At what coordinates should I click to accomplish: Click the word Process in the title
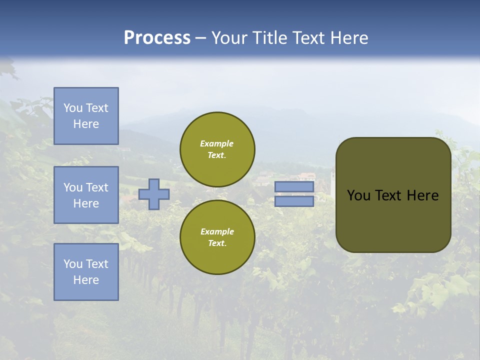pyautogui.click(x=157, y=38)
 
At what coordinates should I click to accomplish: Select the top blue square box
pyautogui.click(x=86, y=116)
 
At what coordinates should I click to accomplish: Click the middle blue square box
pyautogui.click(x=86, y=195)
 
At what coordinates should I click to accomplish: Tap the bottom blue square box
pyautogui.click(x=86, y=272)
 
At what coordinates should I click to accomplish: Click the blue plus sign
pyautogui.click(x=154, y=194)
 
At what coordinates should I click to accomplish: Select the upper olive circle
pyautogui.click(x=217, y=149)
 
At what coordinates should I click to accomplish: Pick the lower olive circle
pyautogui.click(x=217, y=237)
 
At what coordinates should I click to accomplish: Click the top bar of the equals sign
pyautogui.click(x=294, y=187)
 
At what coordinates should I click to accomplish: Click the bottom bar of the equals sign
pyautogui.click(x=294, y=201)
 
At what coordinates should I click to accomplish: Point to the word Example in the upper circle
pyautogui.click(x=217, y=144)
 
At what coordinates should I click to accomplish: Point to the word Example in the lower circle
pyautogui.click(x=217, y=232)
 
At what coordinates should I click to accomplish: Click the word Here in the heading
pyautogui.click(x=349, y=38)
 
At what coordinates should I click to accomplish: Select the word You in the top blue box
pyautogui.click(x=73, y=108)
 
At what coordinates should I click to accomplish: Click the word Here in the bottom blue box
pyautogui.click(x=86, y=280)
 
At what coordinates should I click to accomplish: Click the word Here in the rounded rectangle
pyautogui.click(x=422, y=195)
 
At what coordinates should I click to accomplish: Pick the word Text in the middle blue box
pyautogui.click(x=97, y=187)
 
